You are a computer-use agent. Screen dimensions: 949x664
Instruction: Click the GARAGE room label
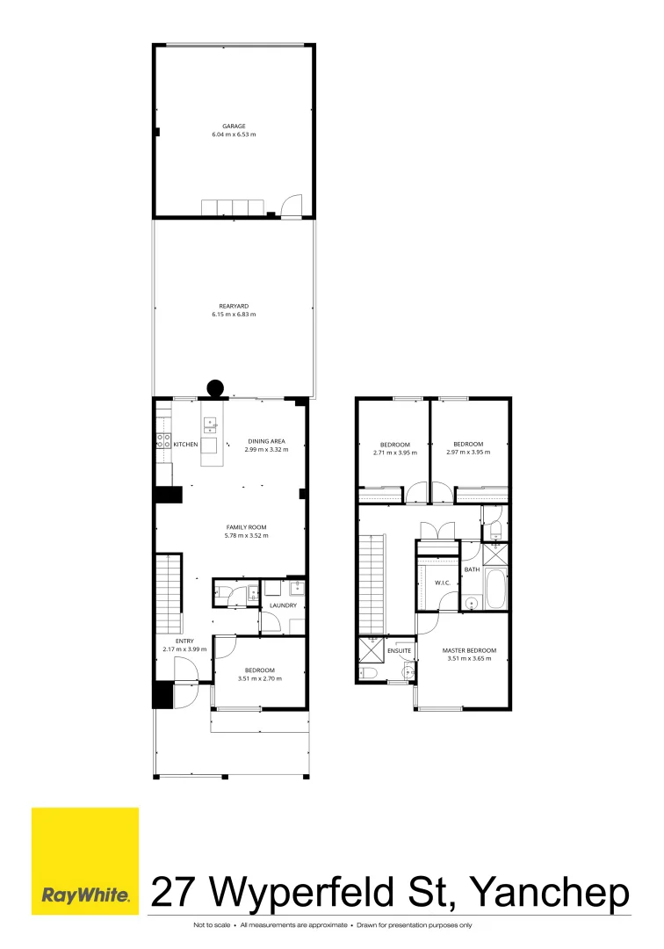coord(234,126)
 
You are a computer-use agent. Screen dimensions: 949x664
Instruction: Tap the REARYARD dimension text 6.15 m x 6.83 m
coord(234,314)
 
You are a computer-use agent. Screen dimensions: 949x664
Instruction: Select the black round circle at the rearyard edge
coord(214,388)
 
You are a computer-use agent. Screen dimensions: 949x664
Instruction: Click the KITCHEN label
coord(185,445)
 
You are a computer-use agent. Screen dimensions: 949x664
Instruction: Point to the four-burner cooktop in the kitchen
coord(162,442)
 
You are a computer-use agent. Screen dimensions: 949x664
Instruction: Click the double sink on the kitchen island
coord(210,426)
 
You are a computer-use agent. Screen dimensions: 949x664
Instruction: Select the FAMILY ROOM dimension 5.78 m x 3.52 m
coord(246,535)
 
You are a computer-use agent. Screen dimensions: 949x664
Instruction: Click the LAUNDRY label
coord(283,605)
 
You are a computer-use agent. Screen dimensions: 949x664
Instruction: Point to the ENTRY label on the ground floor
coord(184,641)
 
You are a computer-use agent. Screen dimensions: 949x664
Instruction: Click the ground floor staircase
coord(168,593)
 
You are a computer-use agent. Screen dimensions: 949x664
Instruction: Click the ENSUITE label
coord(400,650)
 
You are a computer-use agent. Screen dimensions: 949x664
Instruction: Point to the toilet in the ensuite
coord(368,674)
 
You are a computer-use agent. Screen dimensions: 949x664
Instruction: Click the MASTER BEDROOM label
coord(469,650)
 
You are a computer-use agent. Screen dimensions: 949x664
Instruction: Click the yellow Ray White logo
coord(85,861)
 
